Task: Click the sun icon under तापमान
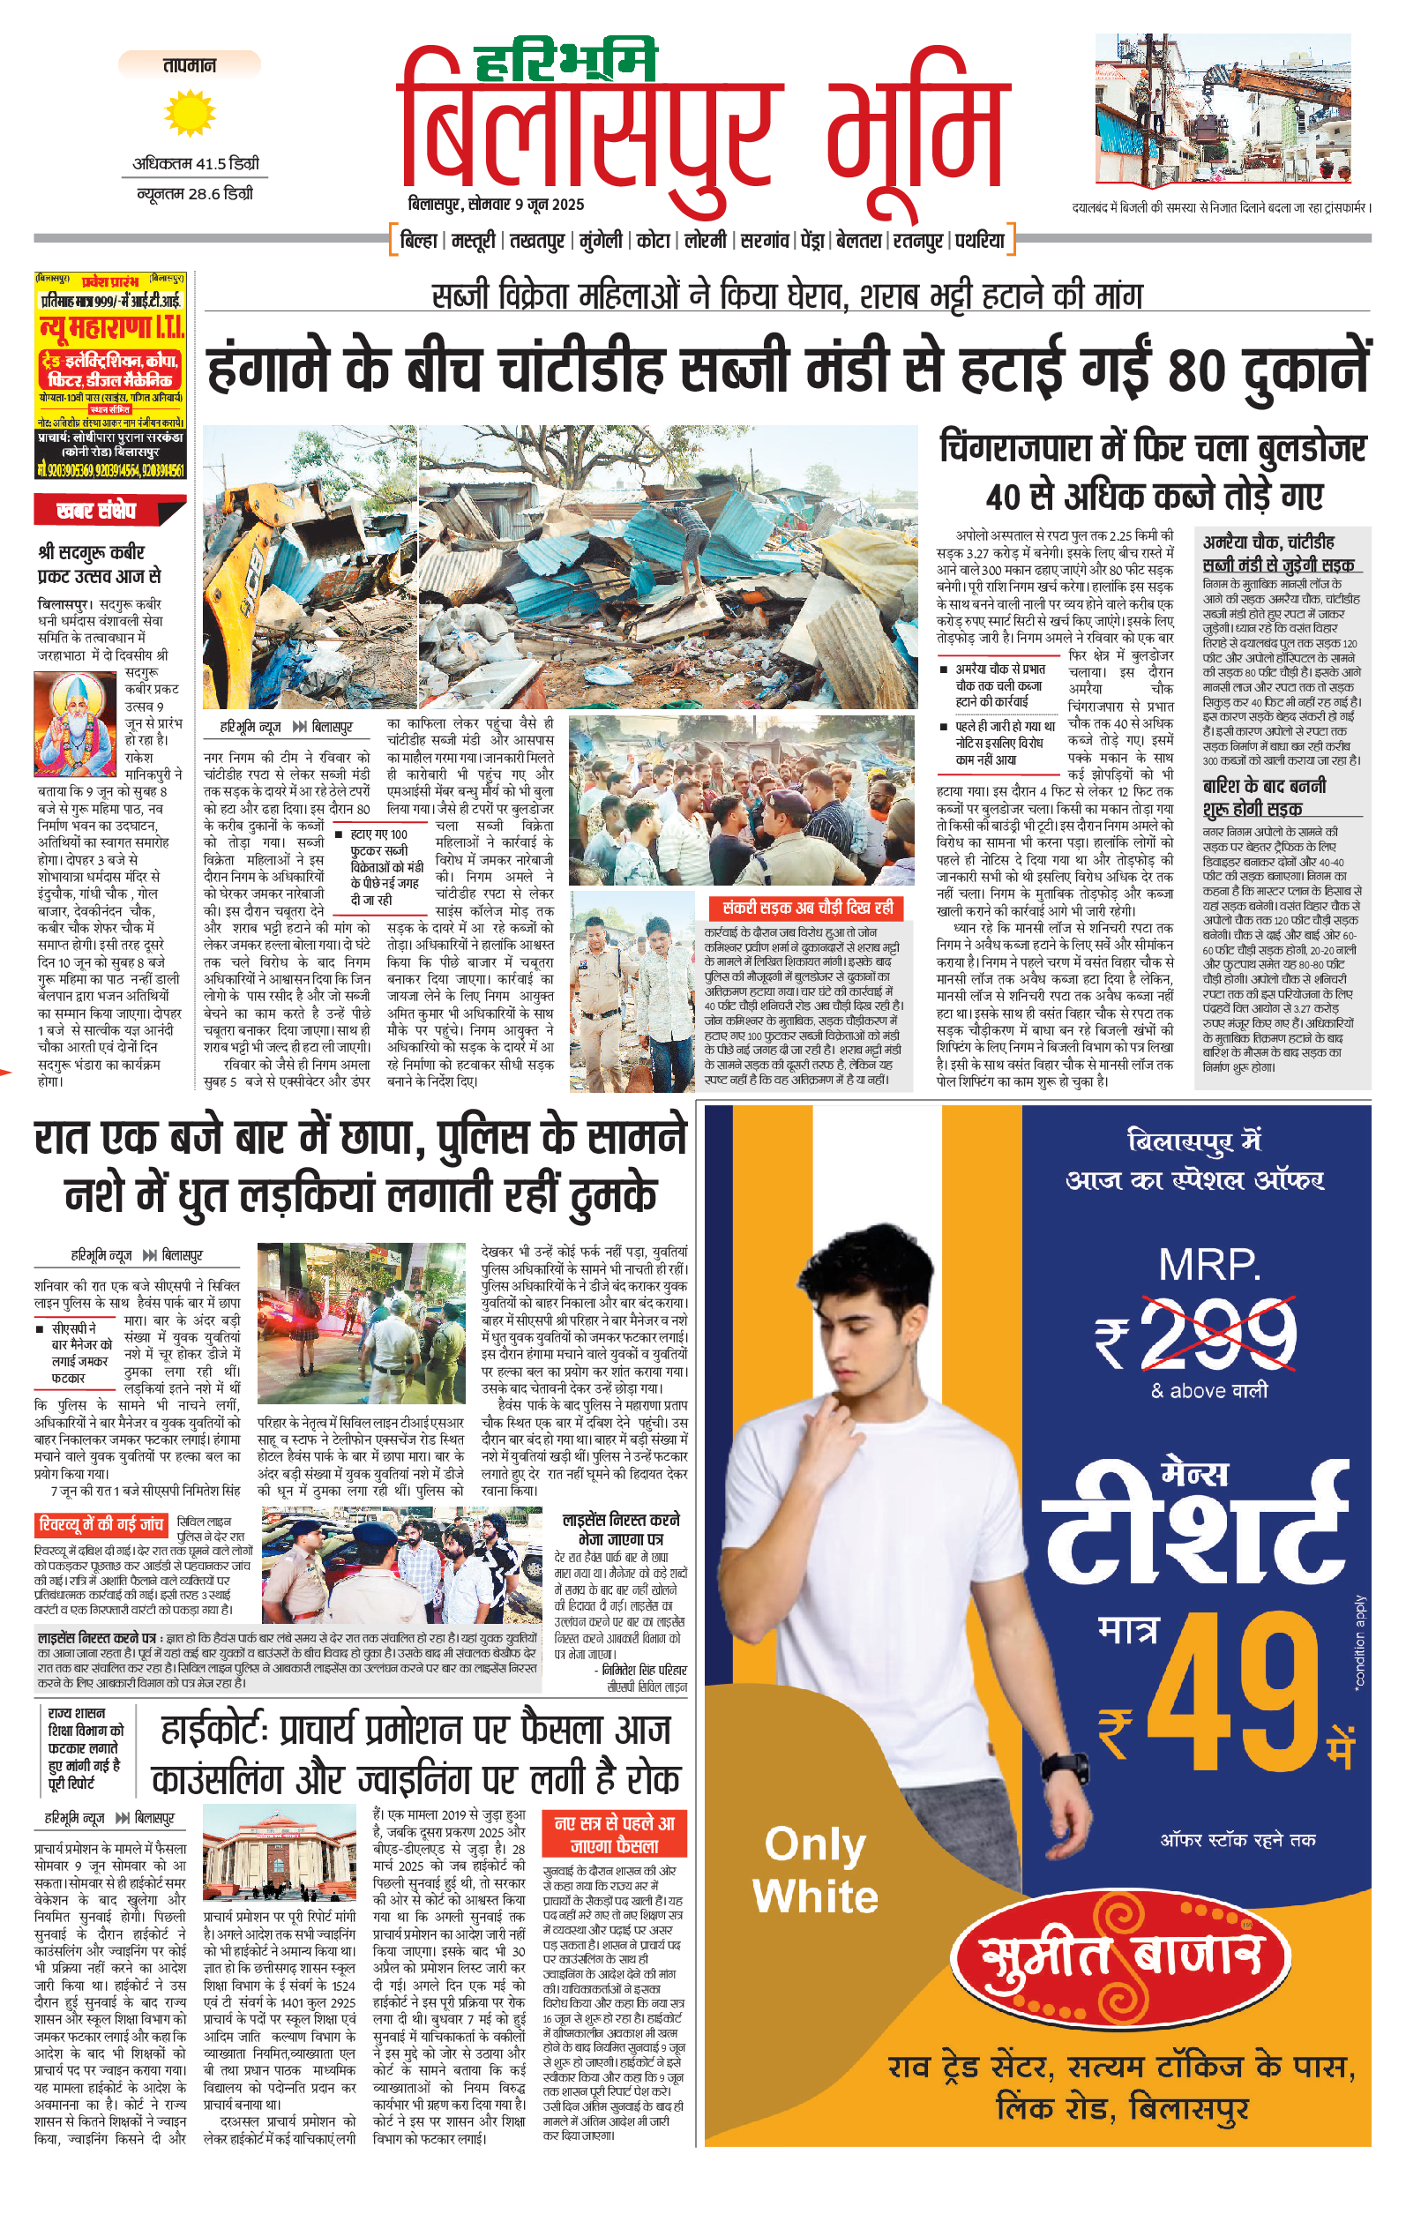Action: tap(190, 113)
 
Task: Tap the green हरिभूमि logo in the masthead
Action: tap(565, 63)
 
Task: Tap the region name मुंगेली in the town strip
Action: tap(601, 241)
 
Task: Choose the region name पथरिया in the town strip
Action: tap(979, 241)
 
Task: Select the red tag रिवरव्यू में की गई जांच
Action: tap(101, 1525)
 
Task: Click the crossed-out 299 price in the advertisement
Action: tap(1217, 1334)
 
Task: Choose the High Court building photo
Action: tap(279, 1851)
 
